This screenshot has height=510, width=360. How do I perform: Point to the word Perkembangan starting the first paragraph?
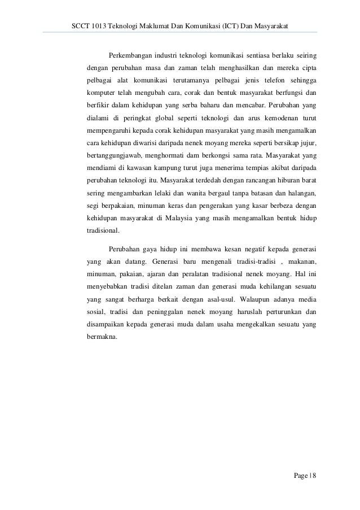tap(129, 56)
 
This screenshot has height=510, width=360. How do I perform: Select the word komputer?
tap(102, 93)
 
